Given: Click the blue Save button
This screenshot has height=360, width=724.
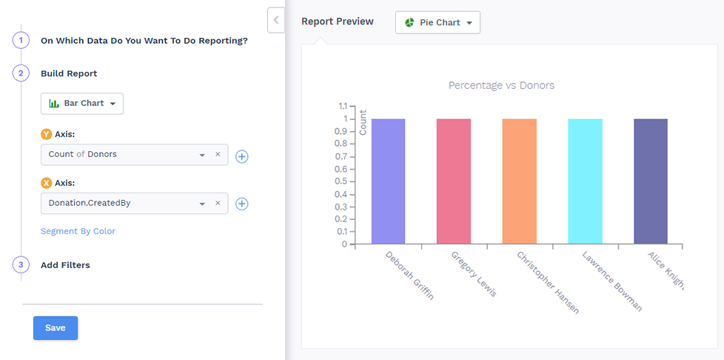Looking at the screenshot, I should [x=56, y=328].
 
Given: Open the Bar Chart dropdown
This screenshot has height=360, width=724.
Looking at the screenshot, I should [x=82, y=104].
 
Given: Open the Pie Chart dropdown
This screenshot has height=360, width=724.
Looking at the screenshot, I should [x=438, y=23].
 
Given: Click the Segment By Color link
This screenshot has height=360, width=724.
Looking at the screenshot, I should [x=78, y=231].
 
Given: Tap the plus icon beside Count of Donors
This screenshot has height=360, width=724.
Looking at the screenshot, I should [x=241, y=156].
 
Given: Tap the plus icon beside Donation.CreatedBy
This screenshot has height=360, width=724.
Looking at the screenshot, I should [x=241, y=204].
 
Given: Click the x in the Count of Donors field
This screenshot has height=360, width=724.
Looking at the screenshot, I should [x=218, y=155].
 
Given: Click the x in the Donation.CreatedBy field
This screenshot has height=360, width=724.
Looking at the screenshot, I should [x=218, y=203].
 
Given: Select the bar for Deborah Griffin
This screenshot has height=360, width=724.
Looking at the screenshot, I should [x=388, y=181].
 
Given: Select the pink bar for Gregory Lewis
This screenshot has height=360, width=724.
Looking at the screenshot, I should [x=453, y=181].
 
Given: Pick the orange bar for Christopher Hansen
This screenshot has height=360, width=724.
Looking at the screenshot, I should [x=519, y=181].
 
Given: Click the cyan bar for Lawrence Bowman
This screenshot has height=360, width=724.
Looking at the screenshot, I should [x=585, y=181].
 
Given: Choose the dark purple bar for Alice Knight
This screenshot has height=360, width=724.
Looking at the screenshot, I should [x=651, y=181].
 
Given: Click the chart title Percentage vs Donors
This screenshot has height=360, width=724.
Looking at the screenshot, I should [x=501, y=85].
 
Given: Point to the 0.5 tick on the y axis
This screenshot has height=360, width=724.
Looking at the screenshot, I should [x=341, y=181].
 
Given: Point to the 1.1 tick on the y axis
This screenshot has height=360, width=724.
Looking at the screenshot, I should [x=341, y=106].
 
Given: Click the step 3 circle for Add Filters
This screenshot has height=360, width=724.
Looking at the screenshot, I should [x=21, y=265].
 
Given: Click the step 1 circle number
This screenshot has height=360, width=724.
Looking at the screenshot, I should [x=21, y=41].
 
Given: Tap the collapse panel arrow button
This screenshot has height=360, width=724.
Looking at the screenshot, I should [x=275, y=20].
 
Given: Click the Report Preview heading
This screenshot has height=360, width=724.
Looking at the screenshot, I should [x=338, y=21].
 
